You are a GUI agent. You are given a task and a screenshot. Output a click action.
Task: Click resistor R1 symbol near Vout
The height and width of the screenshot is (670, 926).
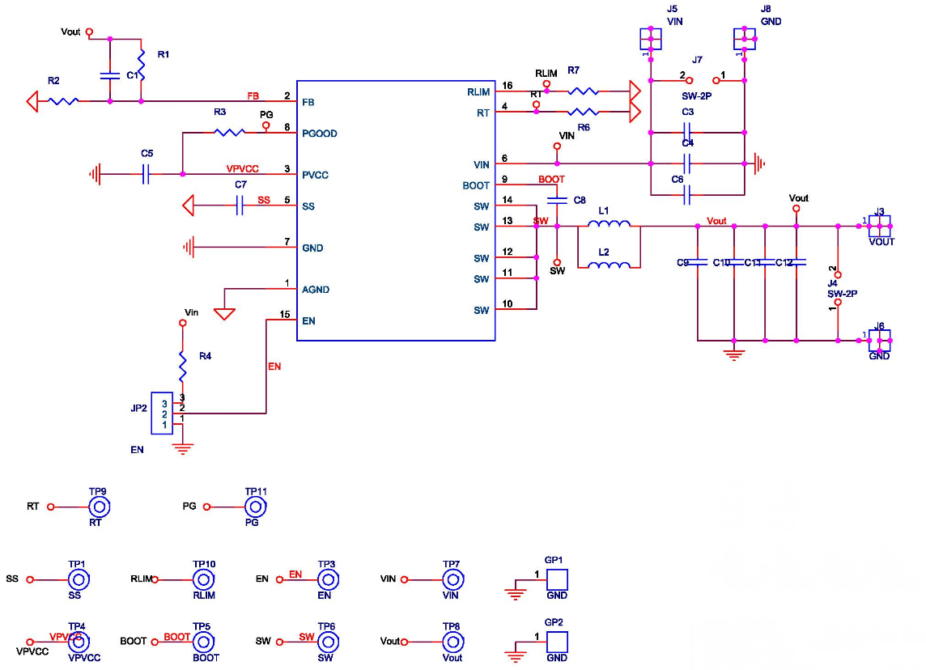pyautogui.click(x=142, y=63)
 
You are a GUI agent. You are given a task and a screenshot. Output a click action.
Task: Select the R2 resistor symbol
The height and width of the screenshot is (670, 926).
pyautogui.click(x=63, y=101)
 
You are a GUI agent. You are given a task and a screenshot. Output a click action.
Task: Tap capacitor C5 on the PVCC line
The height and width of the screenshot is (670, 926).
pyautogui.click(x=146, y=174)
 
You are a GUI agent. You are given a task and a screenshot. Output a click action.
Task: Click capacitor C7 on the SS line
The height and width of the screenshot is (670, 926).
pyautogui.click(x=240, y=206)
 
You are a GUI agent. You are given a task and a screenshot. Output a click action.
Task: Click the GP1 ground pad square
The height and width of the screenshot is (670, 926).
pyautogui.click(x=556, y=579)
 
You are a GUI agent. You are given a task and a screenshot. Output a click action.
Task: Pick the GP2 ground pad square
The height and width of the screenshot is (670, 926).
pyautogui.click(x=556, y=642)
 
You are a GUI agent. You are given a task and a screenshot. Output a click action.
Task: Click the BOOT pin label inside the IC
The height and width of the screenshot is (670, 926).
pyautogui.click(x=476, y=185)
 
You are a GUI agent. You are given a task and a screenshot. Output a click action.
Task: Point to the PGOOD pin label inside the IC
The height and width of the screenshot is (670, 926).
pyautogui.click(x=319, y=134)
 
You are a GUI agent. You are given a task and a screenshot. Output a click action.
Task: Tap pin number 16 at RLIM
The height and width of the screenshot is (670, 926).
pyautogui.click(x=507, y=85)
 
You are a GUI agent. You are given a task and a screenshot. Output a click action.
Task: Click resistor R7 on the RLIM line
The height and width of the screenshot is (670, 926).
pyautogui.click(x=583, y=91)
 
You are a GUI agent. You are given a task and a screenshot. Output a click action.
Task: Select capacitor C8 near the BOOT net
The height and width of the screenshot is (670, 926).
pyautogui.click(x=557, y=199)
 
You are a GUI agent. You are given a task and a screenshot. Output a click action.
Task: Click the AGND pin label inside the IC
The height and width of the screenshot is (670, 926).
pyautogui.click(x=316, y=290)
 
